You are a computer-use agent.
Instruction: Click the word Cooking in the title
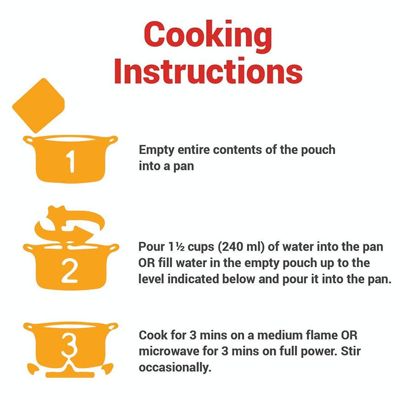click(x=208, y=36)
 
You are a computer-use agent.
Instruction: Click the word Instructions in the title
click(x=208, y=71)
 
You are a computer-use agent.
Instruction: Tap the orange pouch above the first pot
click(x=38, y=105)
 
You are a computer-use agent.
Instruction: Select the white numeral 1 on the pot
click(x=70, y=161)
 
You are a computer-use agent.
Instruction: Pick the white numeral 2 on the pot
click(x=69, y=271)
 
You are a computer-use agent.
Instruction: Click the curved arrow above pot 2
click(x=70, y=224)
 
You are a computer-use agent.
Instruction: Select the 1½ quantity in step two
click(x=177, y=247)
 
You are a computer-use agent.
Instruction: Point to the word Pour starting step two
click(x=152, y=247)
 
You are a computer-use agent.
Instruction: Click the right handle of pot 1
click(x=112, y=140)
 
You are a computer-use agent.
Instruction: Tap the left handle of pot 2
click(x=28, y=248)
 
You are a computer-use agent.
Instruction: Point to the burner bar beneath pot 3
click(x=70, y=374)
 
